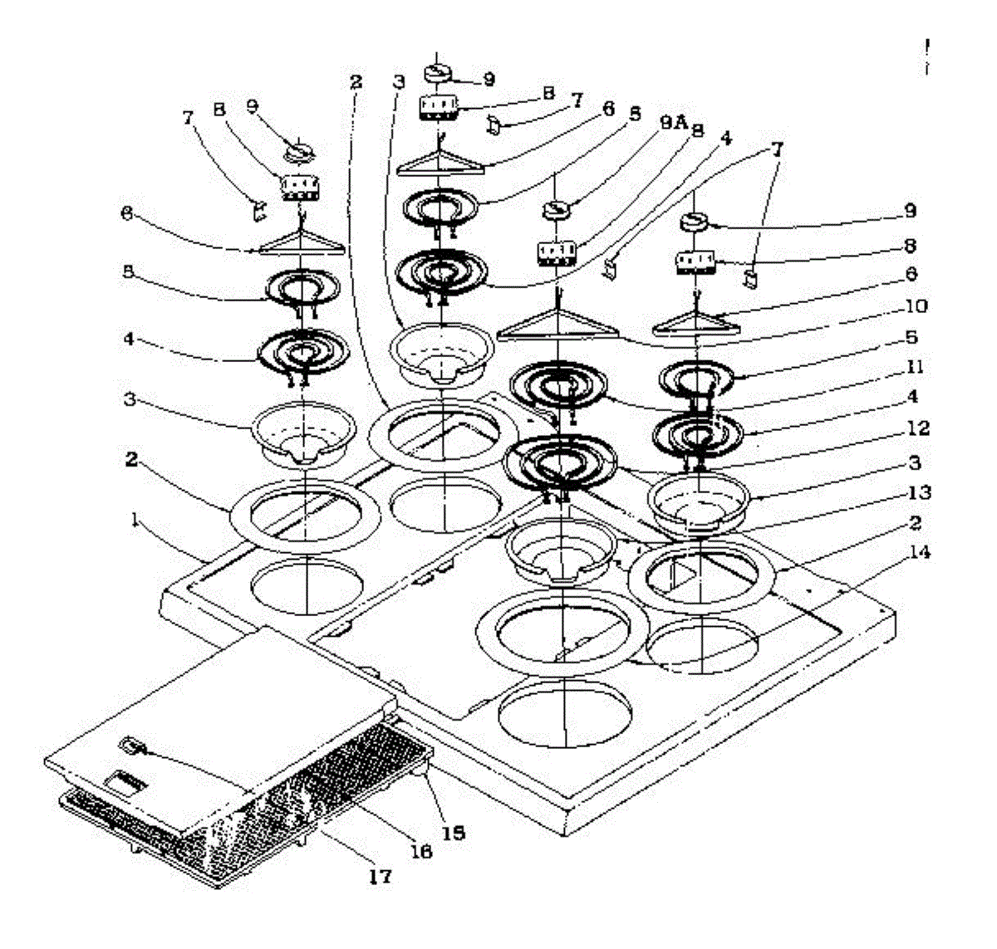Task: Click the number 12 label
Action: pos(917,429)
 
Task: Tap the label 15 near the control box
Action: pos(452,832)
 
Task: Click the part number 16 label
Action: pos(421,852)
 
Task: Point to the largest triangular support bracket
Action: pos(557,324)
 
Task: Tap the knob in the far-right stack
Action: pos(693,222)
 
